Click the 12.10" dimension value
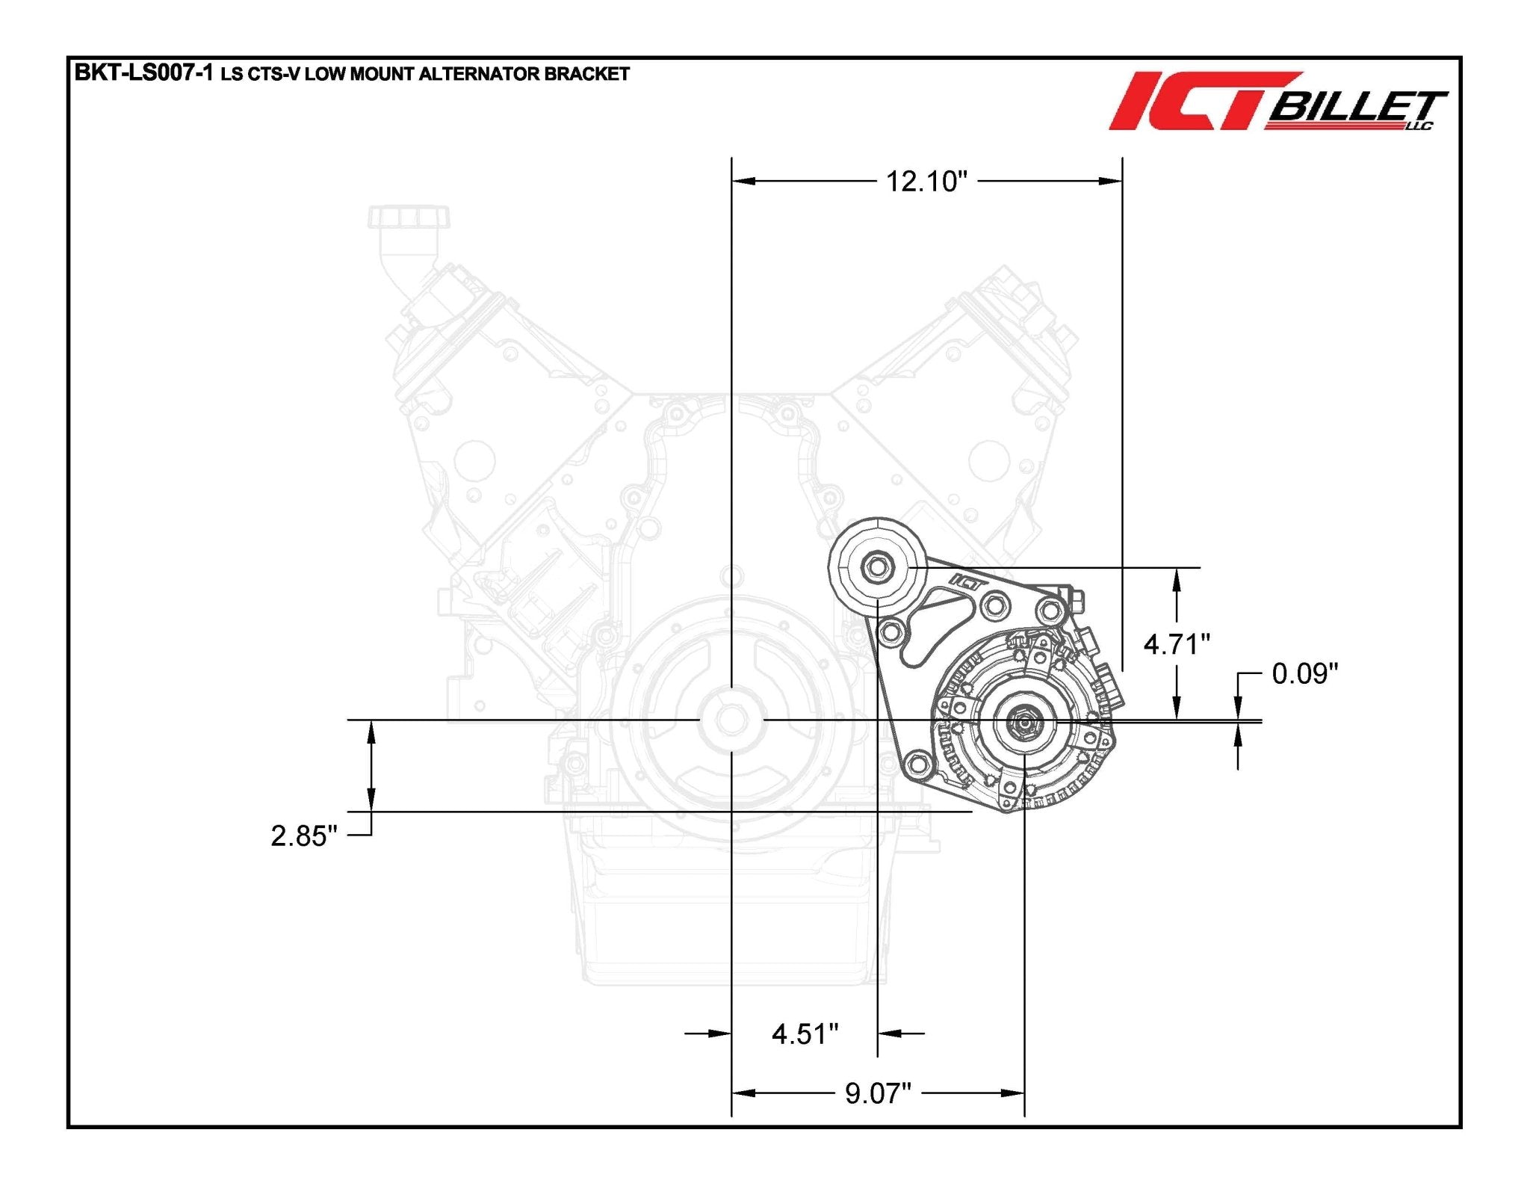pyautogui.click(x=926, y=182)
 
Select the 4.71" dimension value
pyautogui.click(x=1177, y=643)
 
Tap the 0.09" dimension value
pyautogui.click(x=1304, y=674)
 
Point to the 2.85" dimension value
pyautogui.click(x=303, y=835)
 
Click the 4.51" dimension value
pyautogui.click(x=805, y=1034)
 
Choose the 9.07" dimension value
pyautogui.click(x=878, y=1093)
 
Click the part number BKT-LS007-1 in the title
pyautogui.click(x=143, y=73)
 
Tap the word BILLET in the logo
pyautogui.click(x=1356, y=109)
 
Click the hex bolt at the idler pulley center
pyautogui.click(x=877, y=567)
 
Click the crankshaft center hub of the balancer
pyautogui.click(x=731, y=720)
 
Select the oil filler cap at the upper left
pyautogui.click(x=409, y=217)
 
